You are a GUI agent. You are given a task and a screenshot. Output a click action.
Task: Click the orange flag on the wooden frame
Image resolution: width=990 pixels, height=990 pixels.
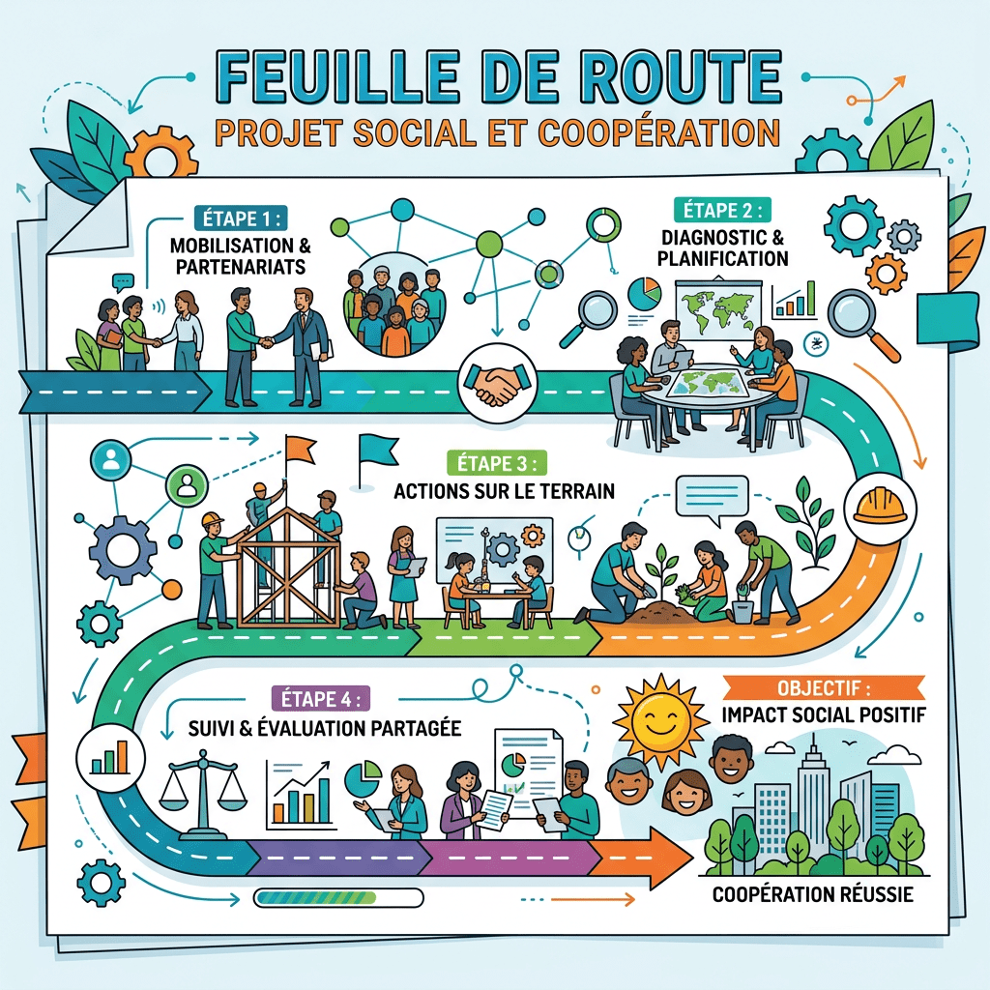[x=299, y=448]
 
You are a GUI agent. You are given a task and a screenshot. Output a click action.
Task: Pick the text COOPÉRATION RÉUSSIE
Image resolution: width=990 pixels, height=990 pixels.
[x=812, y=895]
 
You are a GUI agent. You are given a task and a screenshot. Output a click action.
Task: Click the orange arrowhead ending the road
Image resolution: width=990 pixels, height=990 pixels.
[x=657, y=856]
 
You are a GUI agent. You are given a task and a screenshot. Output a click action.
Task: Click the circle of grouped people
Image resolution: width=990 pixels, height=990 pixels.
[x=394, y=306]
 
